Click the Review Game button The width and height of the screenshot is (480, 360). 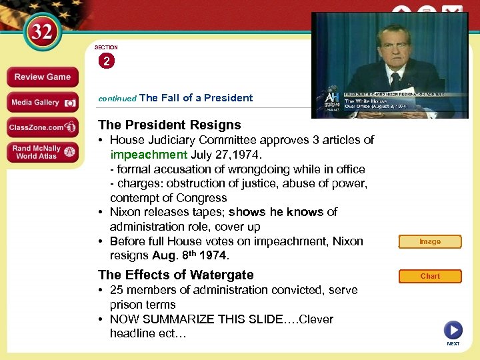(43, 77)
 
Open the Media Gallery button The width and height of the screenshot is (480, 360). (43, 102)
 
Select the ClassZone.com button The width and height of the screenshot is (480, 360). (43, 127)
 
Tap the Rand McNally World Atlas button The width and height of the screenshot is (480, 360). (43, 152)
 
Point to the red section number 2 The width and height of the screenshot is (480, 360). (106, 61)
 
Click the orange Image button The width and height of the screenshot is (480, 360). (430, 241)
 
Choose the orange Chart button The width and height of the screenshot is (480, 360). (430, 276)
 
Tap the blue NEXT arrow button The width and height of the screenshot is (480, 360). (453, 330)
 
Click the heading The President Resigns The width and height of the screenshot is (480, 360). (169, 125)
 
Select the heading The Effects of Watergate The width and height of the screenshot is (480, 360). (176, 275)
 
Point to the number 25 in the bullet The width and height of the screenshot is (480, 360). (117, 290)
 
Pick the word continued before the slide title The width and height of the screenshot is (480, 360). (117, 98)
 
